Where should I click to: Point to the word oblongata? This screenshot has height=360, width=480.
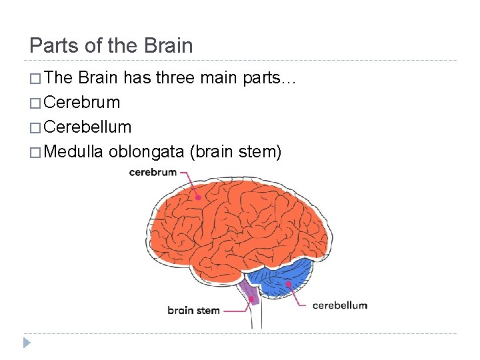(147, 151)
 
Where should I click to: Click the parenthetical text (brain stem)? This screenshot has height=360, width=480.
(236, 151)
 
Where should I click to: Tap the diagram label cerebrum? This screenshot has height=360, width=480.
(153, 172)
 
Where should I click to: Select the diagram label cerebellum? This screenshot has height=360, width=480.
(339, 305)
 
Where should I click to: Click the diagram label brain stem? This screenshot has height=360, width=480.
(193, 310)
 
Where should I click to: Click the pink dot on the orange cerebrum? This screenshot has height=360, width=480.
(198, 197)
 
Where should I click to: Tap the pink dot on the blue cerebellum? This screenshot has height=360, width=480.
(289, 284)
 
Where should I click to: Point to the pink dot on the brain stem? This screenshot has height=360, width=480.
(253, 299)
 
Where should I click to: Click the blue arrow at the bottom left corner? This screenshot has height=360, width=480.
(27, 343)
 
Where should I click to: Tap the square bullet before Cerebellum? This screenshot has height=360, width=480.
(35, 127)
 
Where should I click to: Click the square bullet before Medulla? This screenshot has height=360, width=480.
(35, 152)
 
